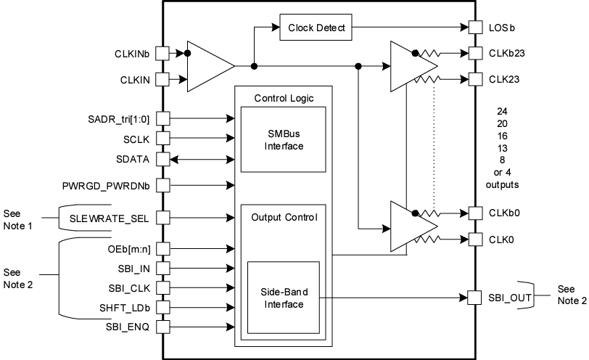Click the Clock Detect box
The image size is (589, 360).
(316, 28)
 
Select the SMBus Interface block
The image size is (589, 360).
(284, 139)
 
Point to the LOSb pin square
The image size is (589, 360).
(475, 28)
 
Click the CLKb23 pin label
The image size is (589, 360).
(506, 54)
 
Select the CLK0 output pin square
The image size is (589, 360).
(475, 238)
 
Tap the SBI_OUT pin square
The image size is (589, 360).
(475, 298)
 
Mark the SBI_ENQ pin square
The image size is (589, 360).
(162, 327)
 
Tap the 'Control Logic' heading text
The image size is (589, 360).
(284, 98)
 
